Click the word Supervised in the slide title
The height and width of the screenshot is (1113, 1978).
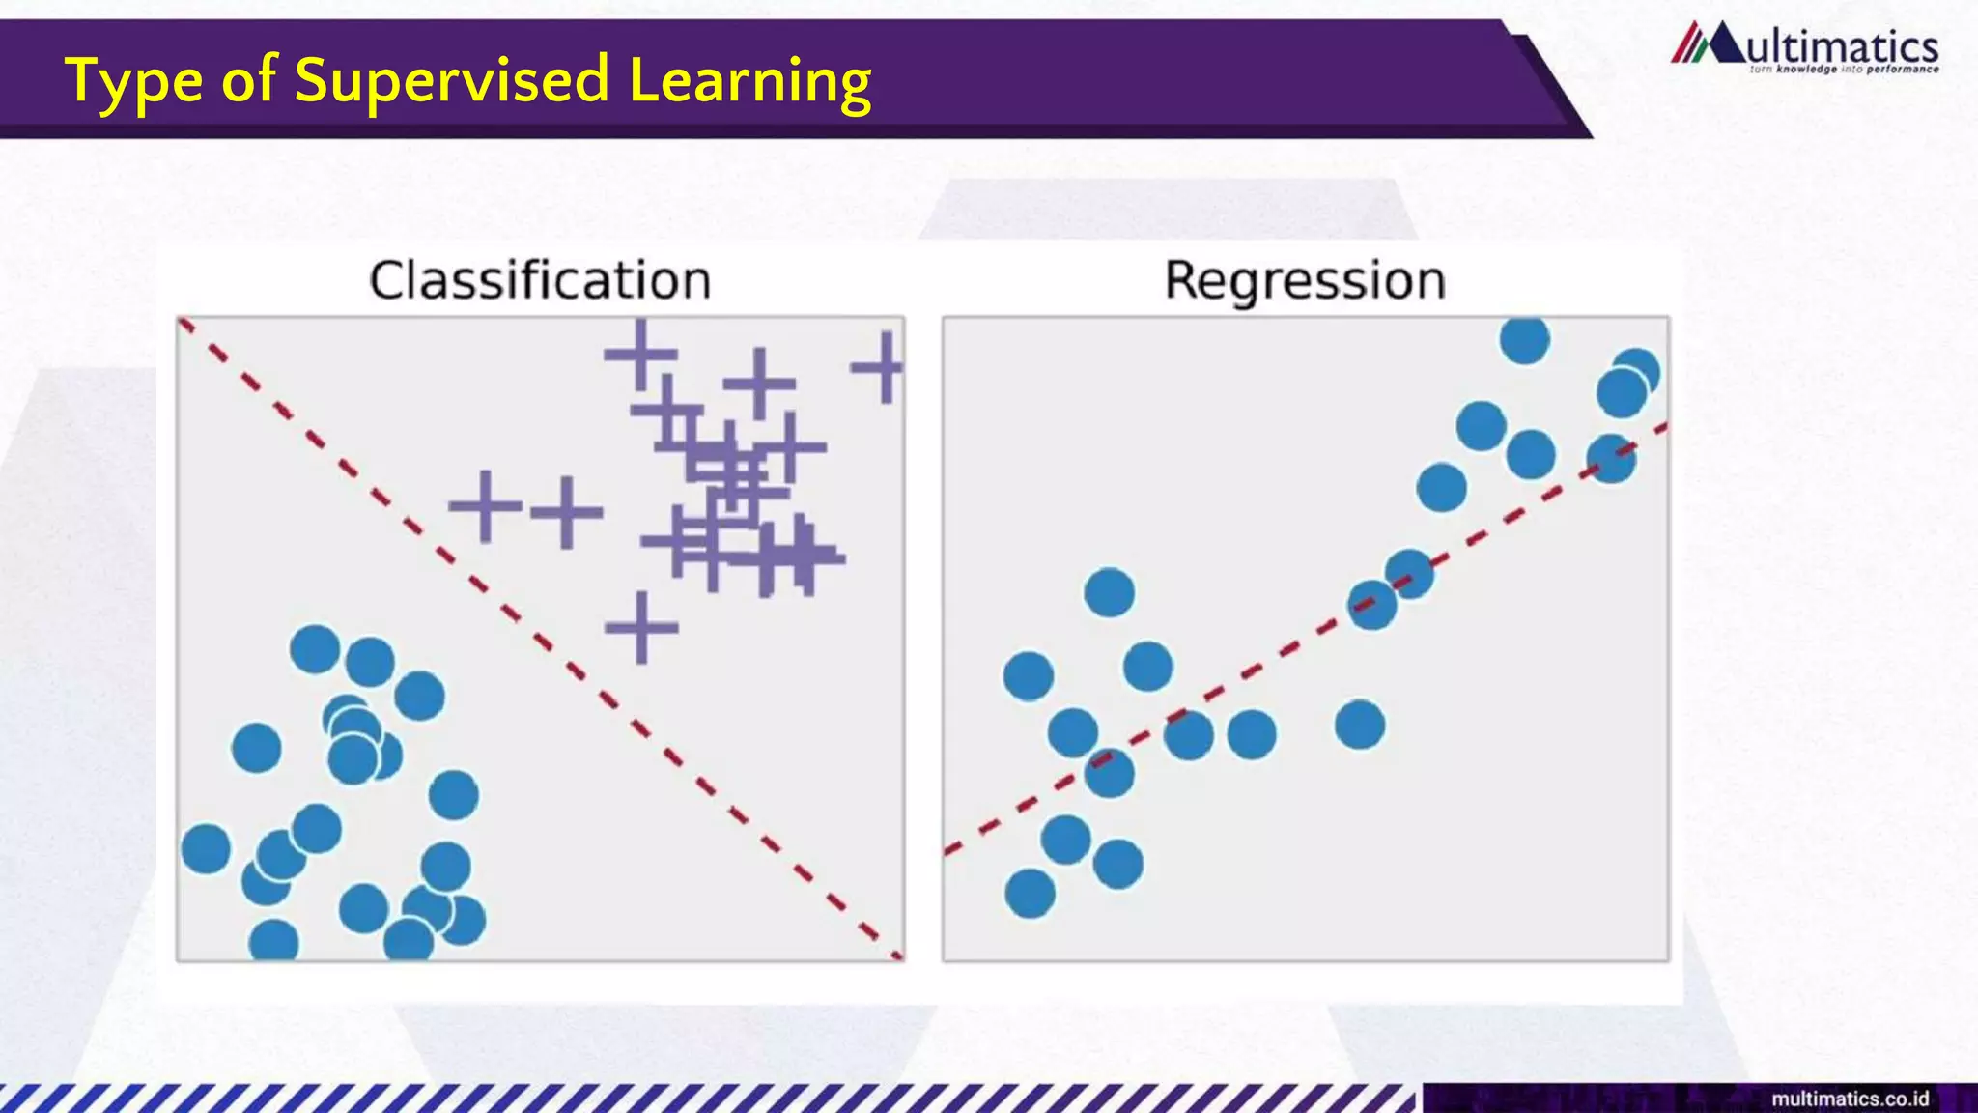452,81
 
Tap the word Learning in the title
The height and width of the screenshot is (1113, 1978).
749,81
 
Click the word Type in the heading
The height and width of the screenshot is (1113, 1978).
133,81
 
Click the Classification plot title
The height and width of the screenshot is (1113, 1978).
540,281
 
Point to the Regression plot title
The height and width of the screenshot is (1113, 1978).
1305,281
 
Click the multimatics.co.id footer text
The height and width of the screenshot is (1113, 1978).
1850,1099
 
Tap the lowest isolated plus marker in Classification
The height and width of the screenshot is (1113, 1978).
641,628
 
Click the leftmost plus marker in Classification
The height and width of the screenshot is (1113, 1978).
485,505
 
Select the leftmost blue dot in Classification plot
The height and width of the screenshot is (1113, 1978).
206,849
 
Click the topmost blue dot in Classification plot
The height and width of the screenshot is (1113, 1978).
315,648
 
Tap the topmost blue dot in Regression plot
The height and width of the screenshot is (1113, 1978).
1525,339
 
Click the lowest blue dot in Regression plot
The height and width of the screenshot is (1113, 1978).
1030,893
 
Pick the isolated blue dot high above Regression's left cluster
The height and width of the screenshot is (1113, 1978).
1109,592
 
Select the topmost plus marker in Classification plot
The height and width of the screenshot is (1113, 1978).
640,355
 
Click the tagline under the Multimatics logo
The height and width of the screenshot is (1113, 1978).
1843,70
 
